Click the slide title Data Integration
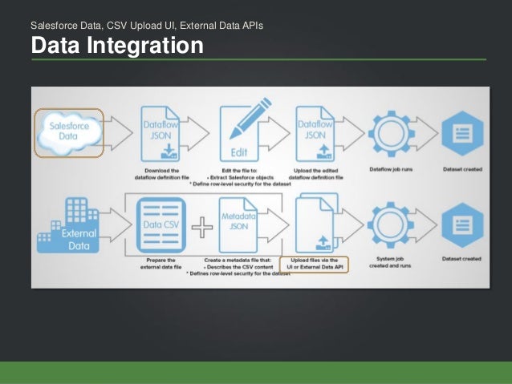pos(117,46)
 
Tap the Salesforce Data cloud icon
pos(69,131)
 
